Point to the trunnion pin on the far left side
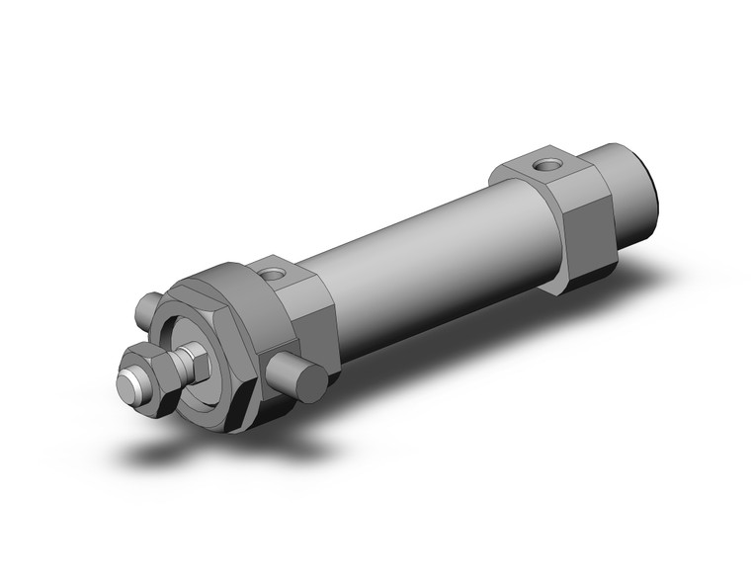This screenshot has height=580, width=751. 149,309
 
